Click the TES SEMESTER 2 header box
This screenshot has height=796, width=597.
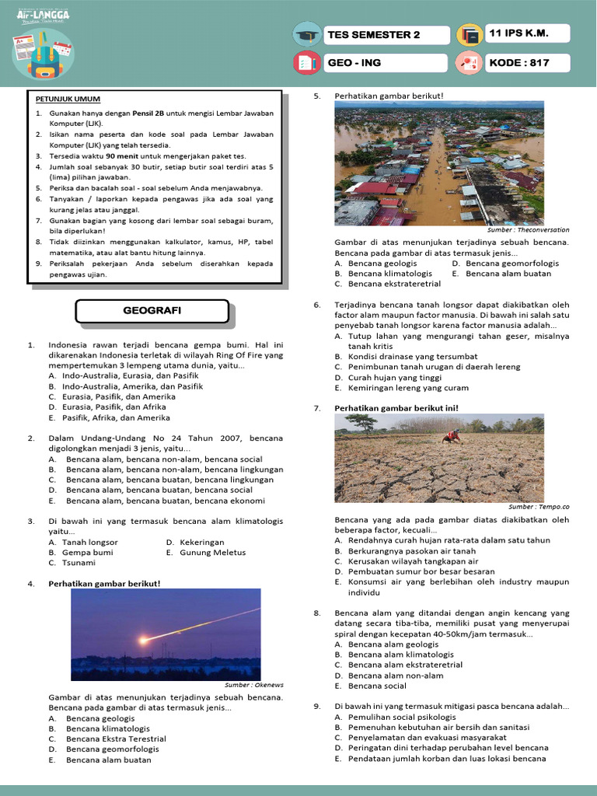point(386,35)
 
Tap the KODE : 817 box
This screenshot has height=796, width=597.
point(527,63)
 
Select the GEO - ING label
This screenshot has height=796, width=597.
point(386,63)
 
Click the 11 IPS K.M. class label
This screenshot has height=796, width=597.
point(527,34)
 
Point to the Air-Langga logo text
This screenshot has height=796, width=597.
point(43,15)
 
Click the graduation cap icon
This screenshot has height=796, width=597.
point(307,35)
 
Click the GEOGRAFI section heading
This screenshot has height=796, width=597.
point(152,311)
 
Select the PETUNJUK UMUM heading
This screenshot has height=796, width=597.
point(68,99)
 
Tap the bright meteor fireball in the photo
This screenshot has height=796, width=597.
point(145,639)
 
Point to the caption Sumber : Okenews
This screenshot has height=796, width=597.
point(254,685)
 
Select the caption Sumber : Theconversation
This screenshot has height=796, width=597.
point(528,230)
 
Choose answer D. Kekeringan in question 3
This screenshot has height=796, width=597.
point(195,542)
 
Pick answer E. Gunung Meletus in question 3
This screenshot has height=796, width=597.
point(205,552)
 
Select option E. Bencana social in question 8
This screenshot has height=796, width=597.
point(377,686)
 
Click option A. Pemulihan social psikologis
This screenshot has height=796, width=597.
point(401,717)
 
